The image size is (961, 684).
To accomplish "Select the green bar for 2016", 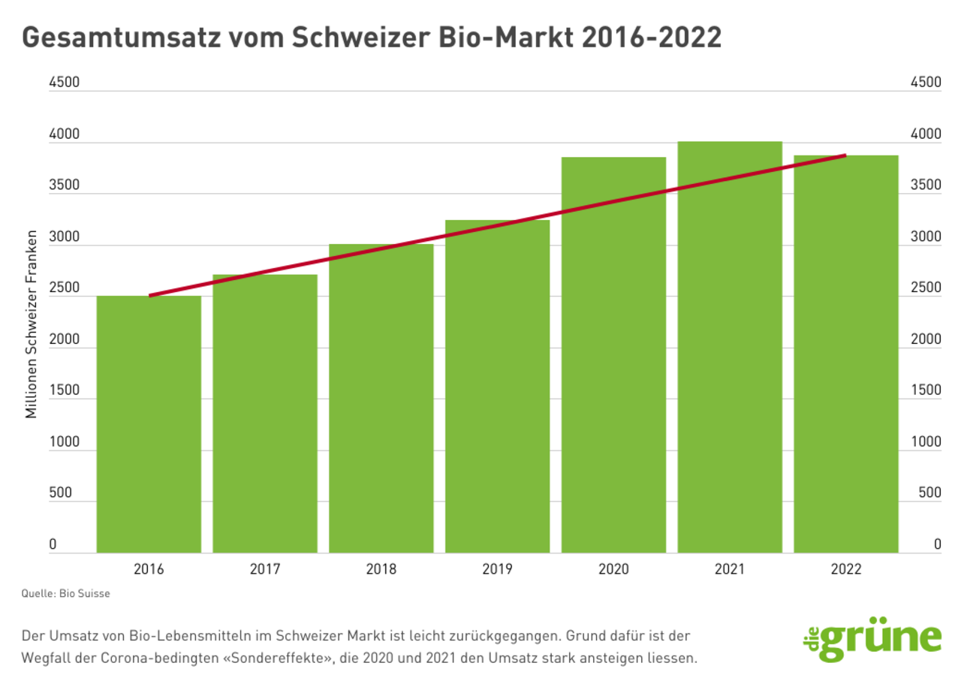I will (149, 424).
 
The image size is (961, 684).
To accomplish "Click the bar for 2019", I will (497, 387).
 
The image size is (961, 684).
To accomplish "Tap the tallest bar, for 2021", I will (730, 347).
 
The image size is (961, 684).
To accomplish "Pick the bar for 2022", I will (846, 354).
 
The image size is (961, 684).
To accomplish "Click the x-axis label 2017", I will (265, 569).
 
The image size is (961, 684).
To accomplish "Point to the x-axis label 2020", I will (613, 569).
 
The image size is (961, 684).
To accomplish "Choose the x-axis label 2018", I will (381, 569).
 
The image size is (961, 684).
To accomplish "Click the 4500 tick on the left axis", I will (64, 83).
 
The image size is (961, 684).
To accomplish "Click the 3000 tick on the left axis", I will (64, 237).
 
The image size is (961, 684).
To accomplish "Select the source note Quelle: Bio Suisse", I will (66, 594).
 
